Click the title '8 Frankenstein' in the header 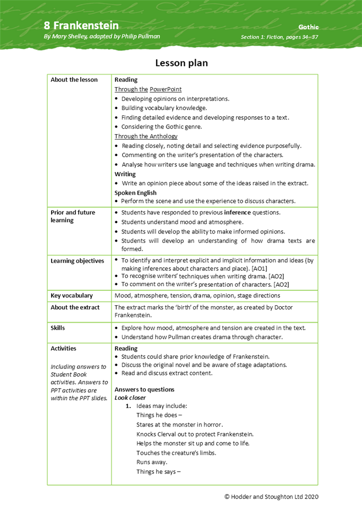[x=81, y=26]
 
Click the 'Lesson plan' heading [x=181, y=63]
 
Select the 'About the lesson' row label [x=74, y=80]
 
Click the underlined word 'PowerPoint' [x=165, y=89]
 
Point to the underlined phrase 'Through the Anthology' [x=146, y=136]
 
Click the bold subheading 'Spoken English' [x=136, y=193]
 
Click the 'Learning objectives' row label [x=77, y=261]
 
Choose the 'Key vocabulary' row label [x=72, y=295]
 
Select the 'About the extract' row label [x=75, y=307]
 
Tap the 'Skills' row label [x=58, y=327]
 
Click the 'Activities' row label [x=63, y=348]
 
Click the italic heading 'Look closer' [x=130, y=398]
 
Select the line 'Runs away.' [x=151, y=462]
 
